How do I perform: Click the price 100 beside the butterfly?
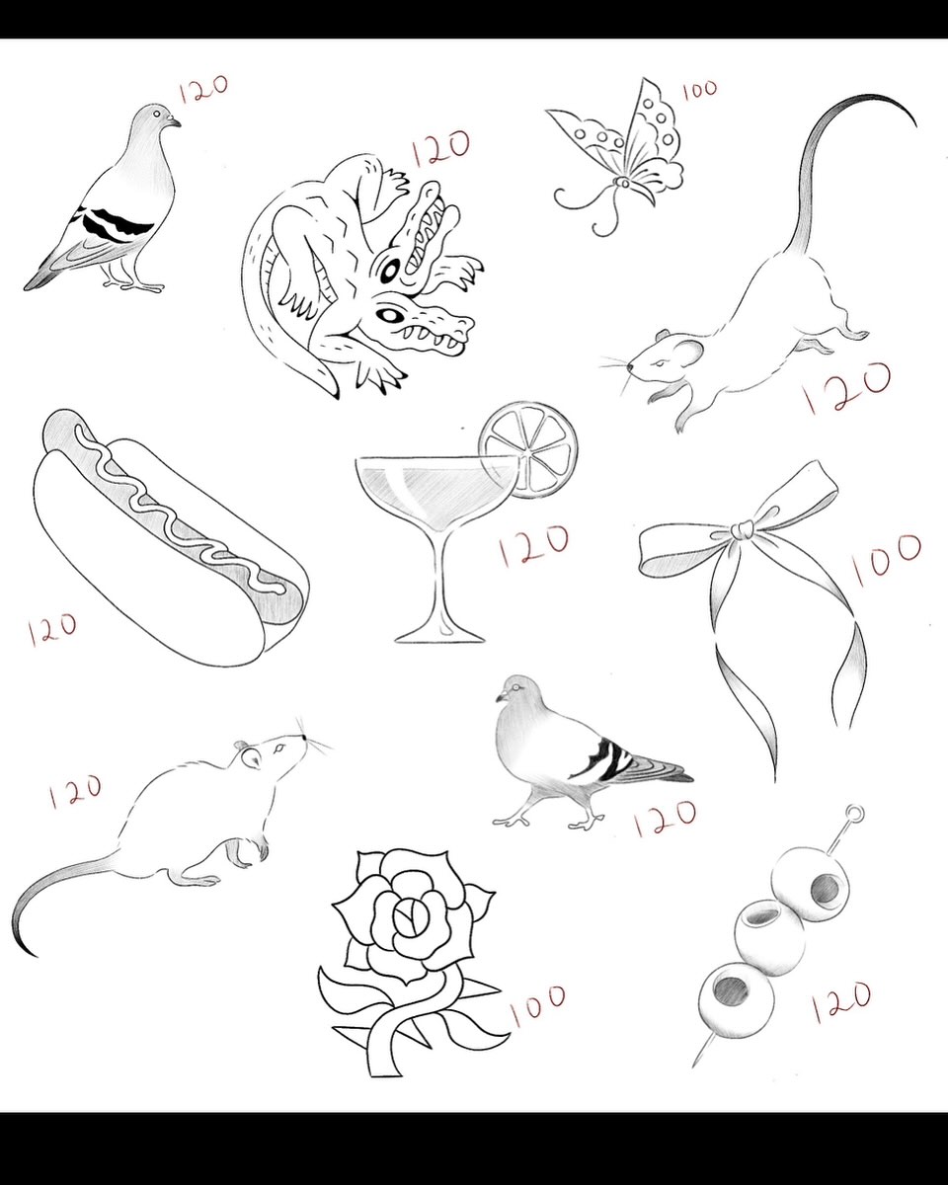700,90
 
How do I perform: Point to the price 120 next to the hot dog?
52,628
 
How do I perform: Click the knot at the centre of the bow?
744,529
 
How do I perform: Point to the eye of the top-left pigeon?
158,114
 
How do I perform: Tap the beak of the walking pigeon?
502,697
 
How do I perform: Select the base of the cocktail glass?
439,636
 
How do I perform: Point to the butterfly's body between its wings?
623,182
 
